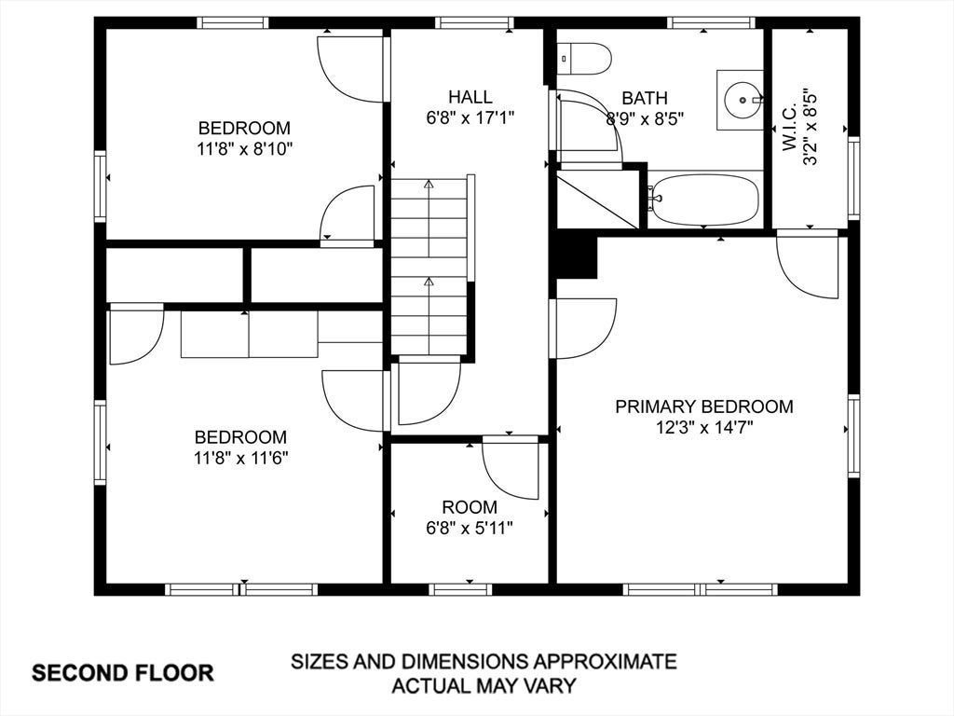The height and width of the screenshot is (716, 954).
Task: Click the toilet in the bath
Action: pos(584,59)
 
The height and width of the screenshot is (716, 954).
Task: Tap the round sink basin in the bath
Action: pos(743,99)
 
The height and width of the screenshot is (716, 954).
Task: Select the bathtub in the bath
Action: pos(704,200)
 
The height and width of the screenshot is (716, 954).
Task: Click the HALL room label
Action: pos(470,97)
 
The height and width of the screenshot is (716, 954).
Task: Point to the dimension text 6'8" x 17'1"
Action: pos(470,117)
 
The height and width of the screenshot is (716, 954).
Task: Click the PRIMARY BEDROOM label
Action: pos(704,406)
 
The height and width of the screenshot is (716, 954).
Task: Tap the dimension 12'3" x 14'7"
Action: pos(704,427)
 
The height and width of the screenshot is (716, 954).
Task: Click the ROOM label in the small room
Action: pos(470,507)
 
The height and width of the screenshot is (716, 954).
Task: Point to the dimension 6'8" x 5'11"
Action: pos(470,528)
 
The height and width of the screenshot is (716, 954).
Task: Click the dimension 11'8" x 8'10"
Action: pos(245,148)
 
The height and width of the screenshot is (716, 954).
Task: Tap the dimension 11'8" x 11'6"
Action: pos(241,457)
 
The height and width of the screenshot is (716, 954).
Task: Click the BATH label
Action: pos(645,97)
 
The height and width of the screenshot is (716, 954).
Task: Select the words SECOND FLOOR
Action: pos(123,673)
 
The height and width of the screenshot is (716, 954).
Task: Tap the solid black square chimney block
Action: pos(576,255)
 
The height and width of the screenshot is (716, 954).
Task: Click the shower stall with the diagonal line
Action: pos(598,200)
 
